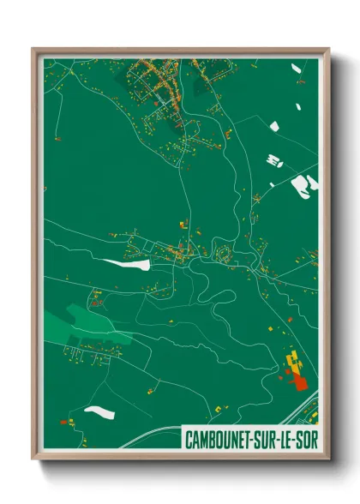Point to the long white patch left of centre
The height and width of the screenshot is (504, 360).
tap(122, 264)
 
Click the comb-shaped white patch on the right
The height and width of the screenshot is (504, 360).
tap(273, 159)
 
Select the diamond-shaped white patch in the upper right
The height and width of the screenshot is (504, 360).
tap(275, 127)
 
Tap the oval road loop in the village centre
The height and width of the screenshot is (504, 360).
tap(225, 254)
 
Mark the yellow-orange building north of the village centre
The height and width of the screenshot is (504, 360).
tap(183, 225)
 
